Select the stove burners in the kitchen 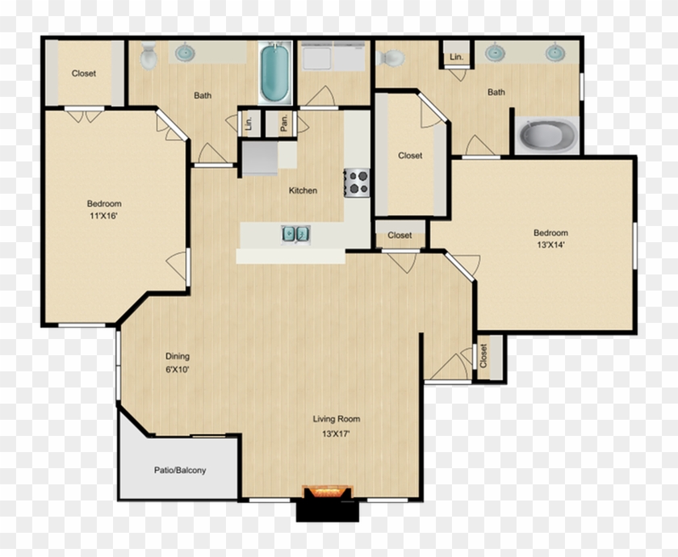[357, 182]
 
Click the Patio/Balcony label [180, 470]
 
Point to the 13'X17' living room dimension [337, 433]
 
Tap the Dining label [178, 356]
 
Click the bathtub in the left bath [274, 74]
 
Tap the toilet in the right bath [391, 58]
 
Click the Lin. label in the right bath [457, 57]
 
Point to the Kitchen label [303, 191]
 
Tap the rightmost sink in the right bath [554, 53]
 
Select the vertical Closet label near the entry [483, 355]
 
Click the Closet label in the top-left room [84, 73]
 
